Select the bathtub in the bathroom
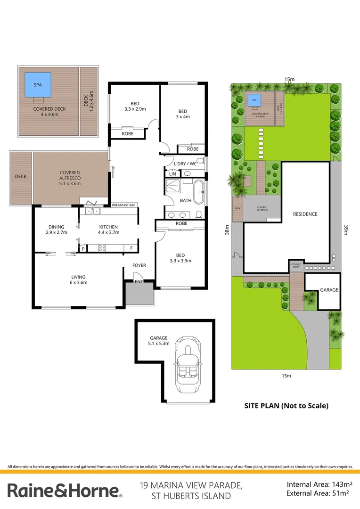[x=199, y=191]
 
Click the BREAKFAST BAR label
[x=124, y=205]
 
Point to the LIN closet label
[x=172, y=174]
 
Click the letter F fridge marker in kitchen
[x=131, y=248]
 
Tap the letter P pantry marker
[x=83, y=248]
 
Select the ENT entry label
[x=139, y=282]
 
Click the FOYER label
[x=139, y=265]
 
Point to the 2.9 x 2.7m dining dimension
[x=57, y=232]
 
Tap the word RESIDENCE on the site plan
[x=305, y=214]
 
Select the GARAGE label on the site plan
[x=329, y=290]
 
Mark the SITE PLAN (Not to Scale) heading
[x=286, y=405]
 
